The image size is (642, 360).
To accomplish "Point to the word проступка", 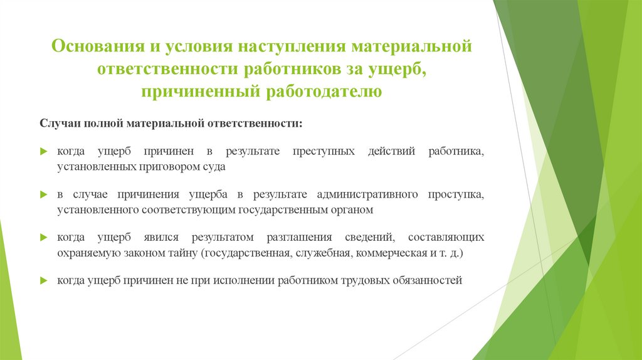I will [456, 194].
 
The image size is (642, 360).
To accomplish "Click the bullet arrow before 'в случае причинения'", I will [43, 195].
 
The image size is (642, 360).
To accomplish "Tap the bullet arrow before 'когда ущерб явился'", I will [43, 238].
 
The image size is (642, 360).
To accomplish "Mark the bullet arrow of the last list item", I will [43, 281].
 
